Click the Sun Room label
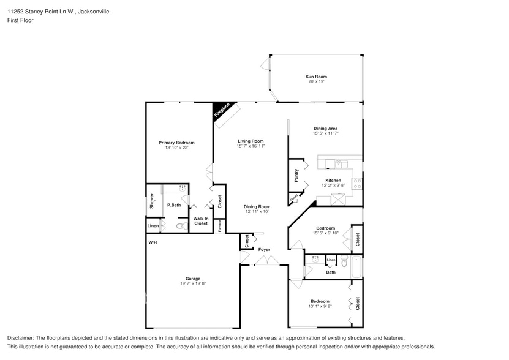point(316,77)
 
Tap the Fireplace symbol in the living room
point(222,111)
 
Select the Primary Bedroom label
point(176,143)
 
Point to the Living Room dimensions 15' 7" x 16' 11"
point(251,146)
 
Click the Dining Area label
point(325,128)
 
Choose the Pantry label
point(296,175)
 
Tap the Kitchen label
point(333,180)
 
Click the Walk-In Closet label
point(201,221)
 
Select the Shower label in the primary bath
point(151,203)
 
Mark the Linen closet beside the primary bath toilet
point(153,226)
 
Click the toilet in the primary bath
point(180,226)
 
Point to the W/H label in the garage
point(153,243)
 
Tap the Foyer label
point(264,249)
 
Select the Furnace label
point(220,225)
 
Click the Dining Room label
point(257,206)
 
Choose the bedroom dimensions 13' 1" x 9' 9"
point(320,306)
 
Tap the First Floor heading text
point(20,20)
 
